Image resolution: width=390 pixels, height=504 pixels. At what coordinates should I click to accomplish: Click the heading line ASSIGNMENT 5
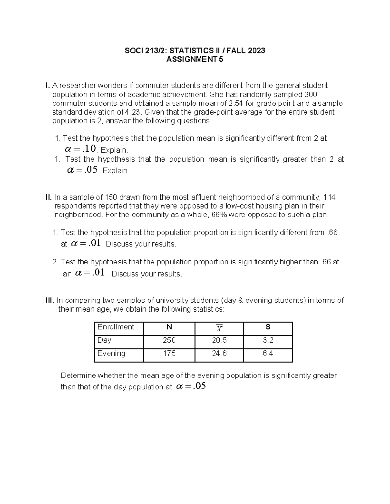(x=195, y=59)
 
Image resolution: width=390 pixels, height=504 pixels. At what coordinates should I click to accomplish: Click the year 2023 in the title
(x=256, y=51)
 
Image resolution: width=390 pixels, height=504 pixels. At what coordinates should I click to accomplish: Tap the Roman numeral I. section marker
(x=48, y=86)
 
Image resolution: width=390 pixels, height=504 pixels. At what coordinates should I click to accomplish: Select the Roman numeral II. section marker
(x=49, y=197)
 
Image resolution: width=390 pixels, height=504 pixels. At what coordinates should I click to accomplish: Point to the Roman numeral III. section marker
(x=50, y=301)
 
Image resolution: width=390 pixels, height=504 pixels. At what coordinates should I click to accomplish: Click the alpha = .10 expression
(x=80, y=149)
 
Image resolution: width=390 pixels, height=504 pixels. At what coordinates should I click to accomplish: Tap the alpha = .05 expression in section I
(x=82, y=170)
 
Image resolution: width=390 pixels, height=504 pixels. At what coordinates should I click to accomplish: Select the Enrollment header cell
(x=116, y=327)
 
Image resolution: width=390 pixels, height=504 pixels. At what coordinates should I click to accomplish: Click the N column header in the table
(x=169, y=327)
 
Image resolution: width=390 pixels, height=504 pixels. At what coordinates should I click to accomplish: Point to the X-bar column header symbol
(x=219, y=328)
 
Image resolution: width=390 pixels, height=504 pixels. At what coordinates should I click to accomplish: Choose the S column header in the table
(x=268, y=327)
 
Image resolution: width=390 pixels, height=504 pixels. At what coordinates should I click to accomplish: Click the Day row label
(x=105, y=340)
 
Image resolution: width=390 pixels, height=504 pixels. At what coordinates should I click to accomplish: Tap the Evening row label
(x=111, y=354)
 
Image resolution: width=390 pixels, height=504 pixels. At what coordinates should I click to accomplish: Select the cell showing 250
(x=169, y=340)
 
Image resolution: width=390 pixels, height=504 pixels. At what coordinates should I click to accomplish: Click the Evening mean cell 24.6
(x=219, y=354)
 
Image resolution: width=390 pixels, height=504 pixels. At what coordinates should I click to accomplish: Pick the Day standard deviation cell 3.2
(x=268, y=340)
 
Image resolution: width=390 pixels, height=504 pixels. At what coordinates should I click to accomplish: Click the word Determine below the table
(x=78, y=375)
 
